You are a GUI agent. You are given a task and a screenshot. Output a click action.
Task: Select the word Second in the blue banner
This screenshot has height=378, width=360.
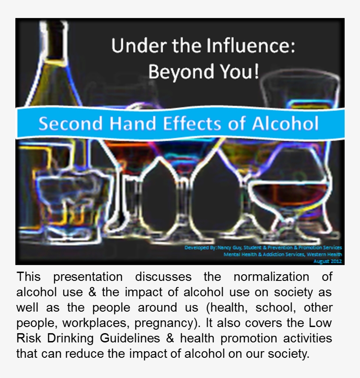click(65, 124)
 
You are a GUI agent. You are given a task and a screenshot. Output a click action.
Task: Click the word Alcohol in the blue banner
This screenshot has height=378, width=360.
click(285, 124)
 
